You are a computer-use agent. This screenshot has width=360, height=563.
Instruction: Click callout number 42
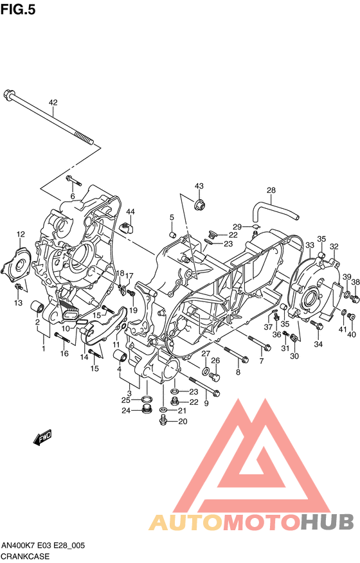coord(53,103)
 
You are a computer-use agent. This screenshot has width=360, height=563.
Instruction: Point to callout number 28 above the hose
coord(271,190)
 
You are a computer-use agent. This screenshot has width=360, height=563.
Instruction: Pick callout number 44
coord(130,212)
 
